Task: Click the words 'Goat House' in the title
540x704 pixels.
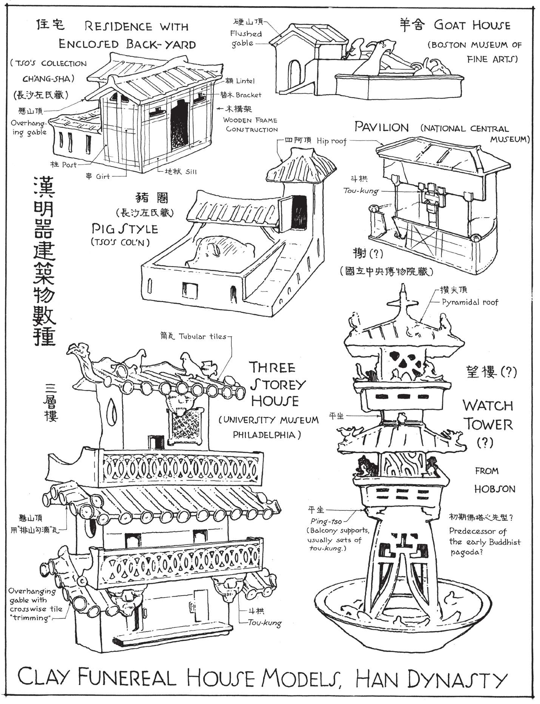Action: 472,26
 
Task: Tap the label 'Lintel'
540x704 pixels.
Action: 245,81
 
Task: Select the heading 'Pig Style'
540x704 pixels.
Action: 125,228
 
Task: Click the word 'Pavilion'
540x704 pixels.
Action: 381,127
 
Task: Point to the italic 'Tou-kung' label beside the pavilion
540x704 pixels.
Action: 361,191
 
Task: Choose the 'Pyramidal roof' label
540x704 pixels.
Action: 470,302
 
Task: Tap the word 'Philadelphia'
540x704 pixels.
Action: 267,435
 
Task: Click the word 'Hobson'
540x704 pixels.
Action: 495,489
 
